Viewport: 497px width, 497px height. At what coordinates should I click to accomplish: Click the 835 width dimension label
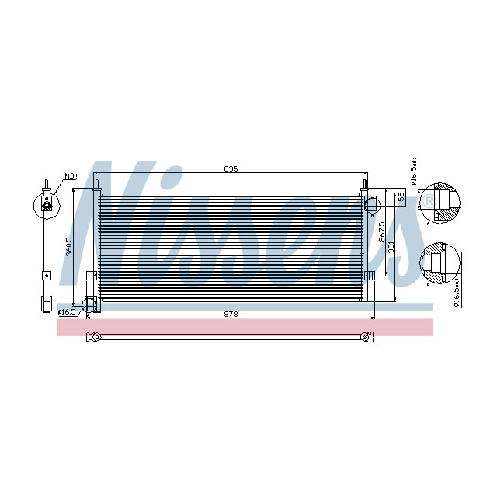pyautogui.click(x=231, y=169)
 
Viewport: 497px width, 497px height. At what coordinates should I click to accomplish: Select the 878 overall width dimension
pyautogui.click(x=231, y=313)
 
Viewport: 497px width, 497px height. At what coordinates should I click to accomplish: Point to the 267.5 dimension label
pyautogui.click(x=381, y=233)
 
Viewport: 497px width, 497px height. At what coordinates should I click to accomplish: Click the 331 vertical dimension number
pyautogui.click(x=392, y=246)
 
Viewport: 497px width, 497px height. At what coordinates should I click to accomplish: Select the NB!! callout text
pyautogui.click(x=71, y=176)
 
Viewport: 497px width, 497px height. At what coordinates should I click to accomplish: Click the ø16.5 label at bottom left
pyautogui.click(x=67, y=311)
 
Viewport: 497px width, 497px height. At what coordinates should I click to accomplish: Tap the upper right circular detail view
pyautogui.click(x=440, y=204)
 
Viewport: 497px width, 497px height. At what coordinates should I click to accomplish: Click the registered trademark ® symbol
pyautogui.click(x=429, y=202)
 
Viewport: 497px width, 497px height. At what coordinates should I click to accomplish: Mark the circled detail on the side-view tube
pyautogui.click(x=47, y=204)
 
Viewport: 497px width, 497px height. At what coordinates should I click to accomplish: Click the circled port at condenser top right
pyautogui.click(x=370, y=203)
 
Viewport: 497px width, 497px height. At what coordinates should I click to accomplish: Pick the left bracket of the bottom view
pyautogui.click(x=95, y=336)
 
